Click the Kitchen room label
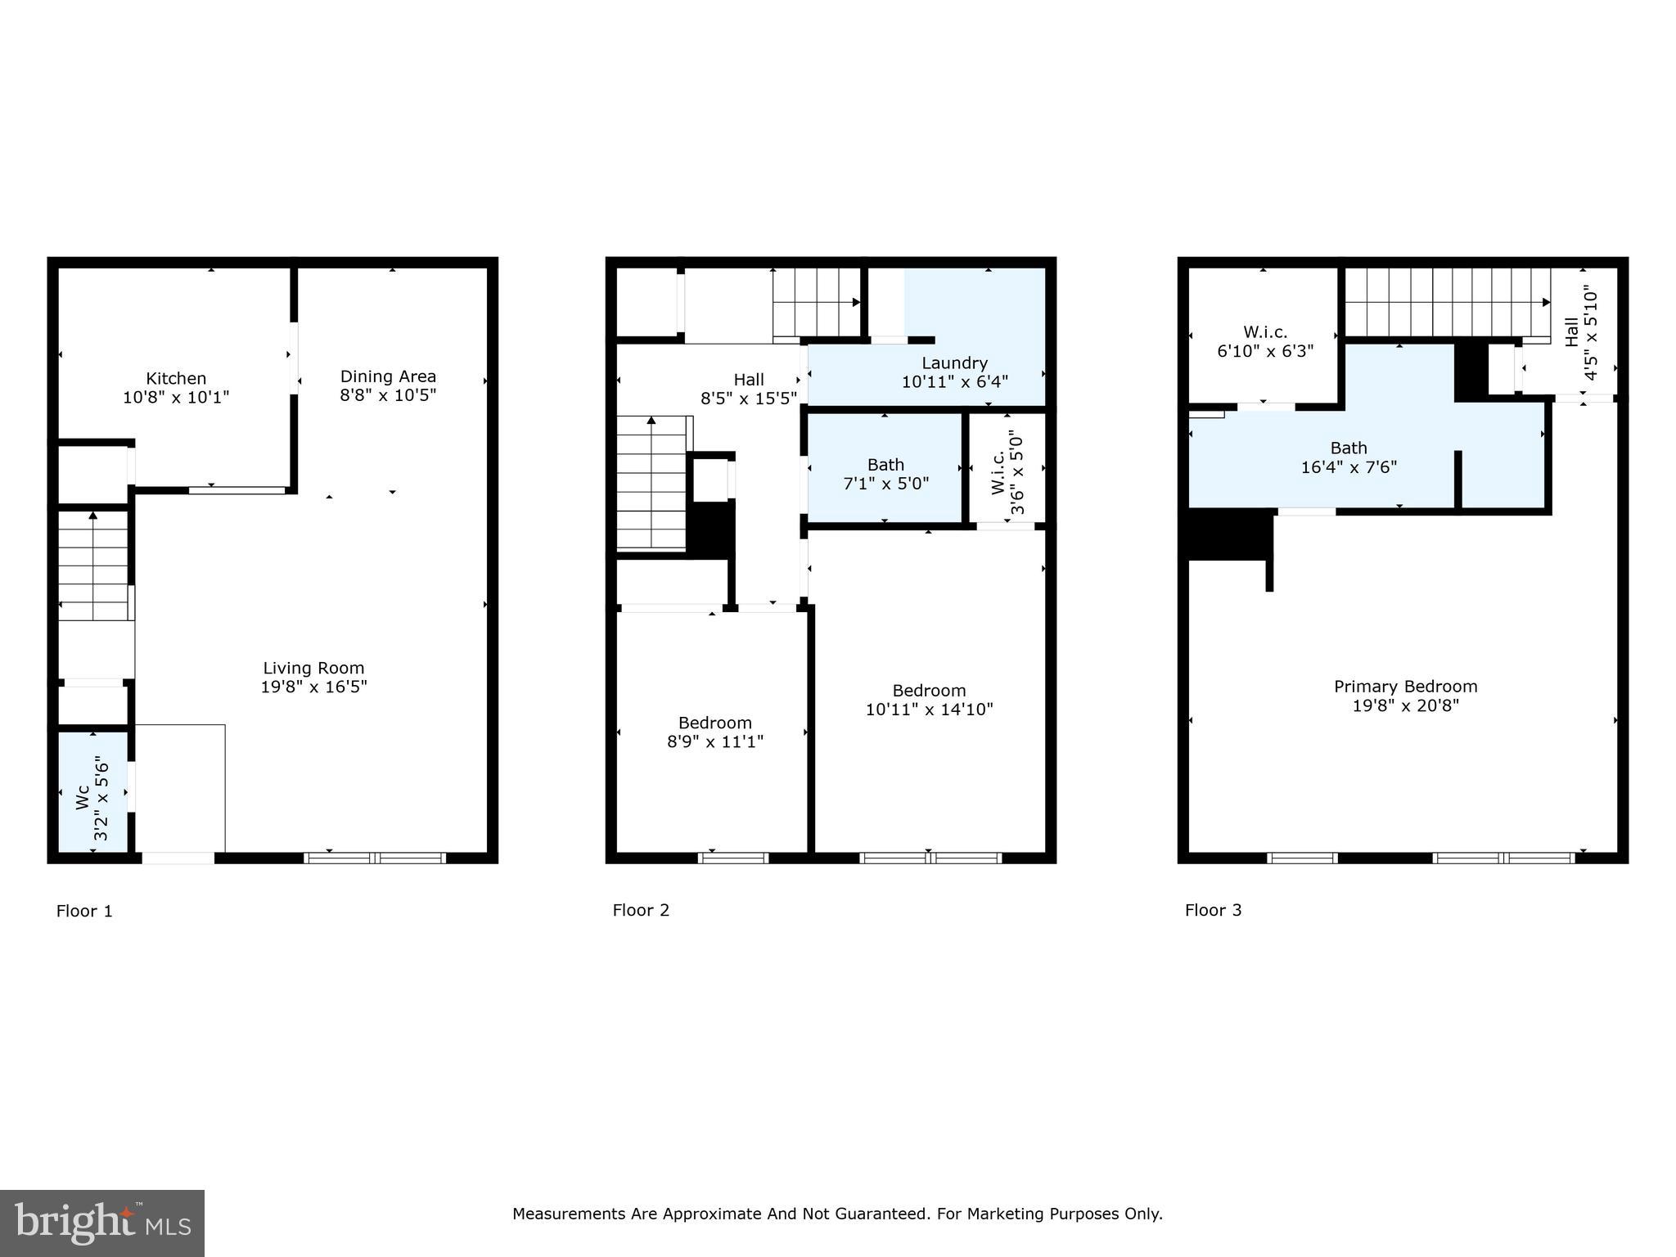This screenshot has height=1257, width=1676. click(176, 378)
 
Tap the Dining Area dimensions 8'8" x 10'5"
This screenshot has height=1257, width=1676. click(388, 395)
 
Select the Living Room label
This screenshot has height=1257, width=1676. click(313, 669)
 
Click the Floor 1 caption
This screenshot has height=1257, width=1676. click(84, 911)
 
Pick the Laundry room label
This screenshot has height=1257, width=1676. click(954, 363)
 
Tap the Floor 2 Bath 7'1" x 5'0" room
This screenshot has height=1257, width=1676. click(885, 474)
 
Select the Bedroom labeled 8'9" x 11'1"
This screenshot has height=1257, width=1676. click(714, 732)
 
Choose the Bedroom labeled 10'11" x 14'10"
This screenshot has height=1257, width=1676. click(929, 701)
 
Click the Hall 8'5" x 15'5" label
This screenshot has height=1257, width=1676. click(748, 390)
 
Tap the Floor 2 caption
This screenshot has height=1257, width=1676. click(641, 910)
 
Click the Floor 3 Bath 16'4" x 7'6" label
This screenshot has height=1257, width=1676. click(1348, 457)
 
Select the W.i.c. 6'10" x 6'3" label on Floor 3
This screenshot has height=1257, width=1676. click(1265, 341)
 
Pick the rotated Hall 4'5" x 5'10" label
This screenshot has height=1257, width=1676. click(1581, 332)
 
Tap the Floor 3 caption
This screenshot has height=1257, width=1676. click(1213, 910)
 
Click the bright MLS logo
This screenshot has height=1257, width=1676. click(102, 1223)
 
